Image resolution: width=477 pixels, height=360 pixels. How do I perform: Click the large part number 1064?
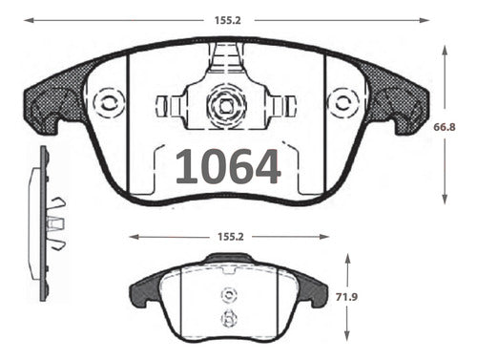(228, 166)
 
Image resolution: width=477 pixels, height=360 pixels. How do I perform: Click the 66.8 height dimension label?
(445, 127)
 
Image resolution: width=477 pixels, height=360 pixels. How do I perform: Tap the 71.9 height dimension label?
(346, 297)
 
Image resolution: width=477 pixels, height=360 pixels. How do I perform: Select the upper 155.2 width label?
(228, 20)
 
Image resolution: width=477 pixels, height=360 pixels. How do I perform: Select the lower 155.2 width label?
(231, 237)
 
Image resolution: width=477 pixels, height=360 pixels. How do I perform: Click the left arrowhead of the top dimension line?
(29, 20)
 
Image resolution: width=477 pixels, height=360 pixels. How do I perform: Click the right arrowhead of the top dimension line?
(425, 20)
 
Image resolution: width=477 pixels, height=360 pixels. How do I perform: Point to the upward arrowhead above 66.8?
(445, 51)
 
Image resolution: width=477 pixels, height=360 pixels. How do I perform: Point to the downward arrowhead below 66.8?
(445, 199)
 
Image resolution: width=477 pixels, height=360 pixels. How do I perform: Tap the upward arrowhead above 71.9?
(347, 259)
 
